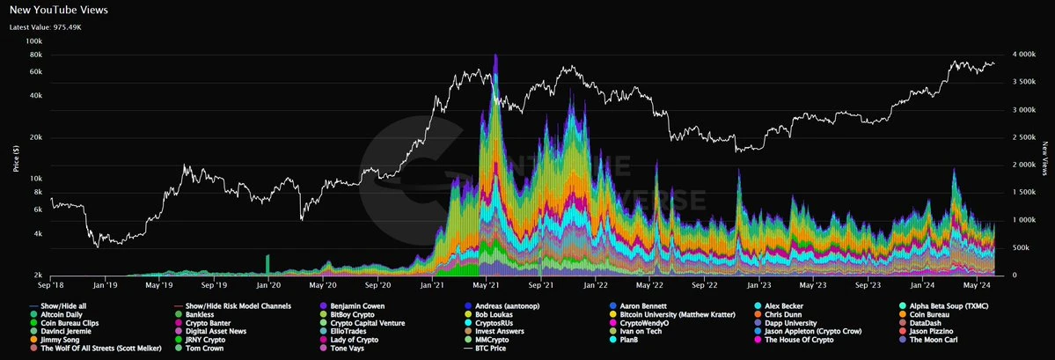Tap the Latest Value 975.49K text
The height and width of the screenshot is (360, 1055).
(46, 27)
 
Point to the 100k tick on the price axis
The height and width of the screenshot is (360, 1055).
(33, 40)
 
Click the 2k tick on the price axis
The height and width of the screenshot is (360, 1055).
(35, 276)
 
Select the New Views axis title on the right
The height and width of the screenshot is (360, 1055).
(1044, 158)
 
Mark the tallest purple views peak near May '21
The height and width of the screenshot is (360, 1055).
(496, 57)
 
